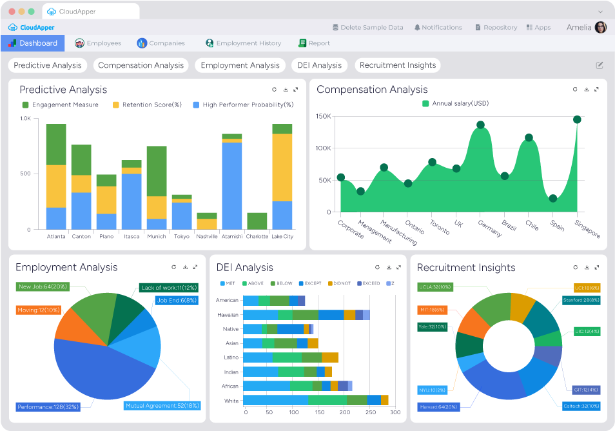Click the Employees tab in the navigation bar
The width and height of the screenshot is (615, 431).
98,43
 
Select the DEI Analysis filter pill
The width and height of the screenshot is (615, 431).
319,65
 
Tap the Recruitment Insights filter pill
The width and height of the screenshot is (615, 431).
397,65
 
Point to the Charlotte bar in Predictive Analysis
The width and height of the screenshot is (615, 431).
257,221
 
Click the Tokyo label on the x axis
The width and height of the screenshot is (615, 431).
182,237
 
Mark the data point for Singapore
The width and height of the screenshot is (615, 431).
577,119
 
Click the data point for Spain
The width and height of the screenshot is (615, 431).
552,198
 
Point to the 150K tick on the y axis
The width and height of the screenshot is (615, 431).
324,116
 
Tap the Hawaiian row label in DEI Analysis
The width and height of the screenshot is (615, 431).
228,315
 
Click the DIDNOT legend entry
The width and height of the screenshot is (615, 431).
340,284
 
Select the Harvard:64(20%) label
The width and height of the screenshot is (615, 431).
438,407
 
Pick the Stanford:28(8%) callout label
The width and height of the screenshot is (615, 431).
580,300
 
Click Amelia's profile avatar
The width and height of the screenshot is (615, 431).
600,28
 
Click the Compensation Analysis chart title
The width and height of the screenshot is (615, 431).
372,90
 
